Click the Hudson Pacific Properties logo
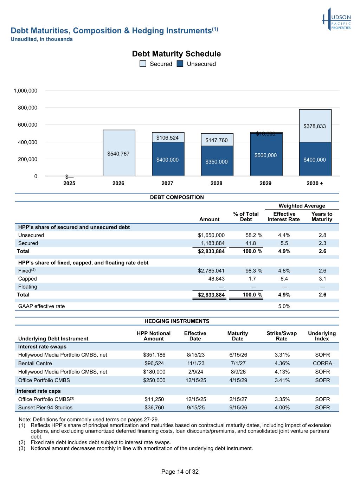point(336,19)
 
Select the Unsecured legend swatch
point(180,64)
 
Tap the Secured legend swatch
point(143,64)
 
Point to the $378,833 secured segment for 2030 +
point(315,126)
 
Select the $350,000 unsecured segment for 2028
point(217,161)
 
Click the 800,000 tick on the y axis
point(28,108)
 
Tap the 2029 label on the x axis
point(265,183)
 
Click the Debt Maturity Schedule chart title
point(176,54)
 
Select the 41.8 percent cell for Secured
point(251,243)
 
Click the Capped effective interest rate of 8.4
point(284,279)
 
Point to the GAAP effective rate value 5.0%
point(284,306)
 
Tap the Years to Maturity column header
point(322,217)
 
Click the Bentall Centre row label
point(35,363)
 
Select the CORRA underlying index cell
point(322,363)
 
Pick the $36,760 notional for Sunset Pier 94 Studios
point(154,408)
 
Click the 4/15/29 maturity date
point(238,380)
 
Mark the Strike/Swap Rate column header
point(282,336)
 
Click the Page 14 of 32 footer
point(180,472)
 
